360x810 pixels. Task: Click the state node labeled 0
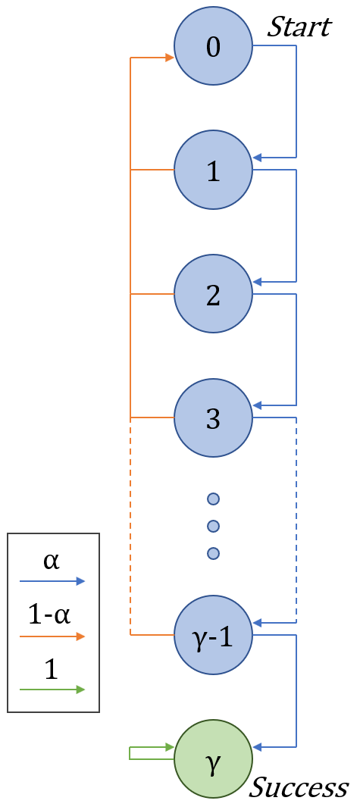click(213, 47)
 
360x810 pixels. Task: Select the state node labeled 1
click(213, 170)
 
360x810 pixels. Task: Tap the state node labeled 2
click(213, 294)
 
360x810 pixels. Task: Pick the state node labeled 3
click(213, 418)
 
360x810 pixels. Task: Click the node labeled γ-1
click(213, 634)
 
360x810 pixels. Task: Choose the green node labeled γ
click(213, 758)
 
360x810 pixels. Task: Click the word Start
click(299, 27)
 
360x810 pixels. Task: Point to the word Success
click(299, 788)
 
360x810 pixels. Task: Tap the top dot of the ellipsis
click(213, 499)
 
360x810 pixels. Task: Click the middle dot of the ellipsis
click(213, 526)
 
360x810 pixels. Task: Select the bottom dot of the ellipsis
click(213, 553)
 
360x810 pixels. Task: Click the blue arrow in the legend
click(52, 581)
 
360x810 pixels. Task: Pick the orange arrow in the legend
click(52, 636)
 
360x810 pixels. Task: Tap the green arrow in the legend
click(52, 689)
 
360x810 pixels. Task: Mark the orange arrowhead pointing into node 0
click(169, 58)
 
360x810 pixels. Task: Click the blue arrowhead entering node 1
click(258, 158)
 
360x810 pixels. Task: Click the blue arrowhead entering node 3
click(258, 405)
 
